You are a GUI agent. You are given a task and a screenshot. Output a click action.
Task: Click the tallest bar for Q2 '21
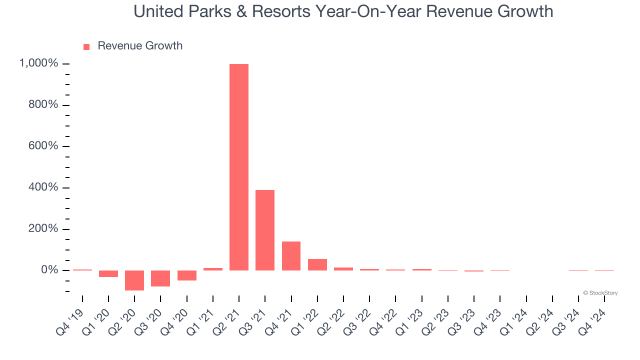coord(239,167)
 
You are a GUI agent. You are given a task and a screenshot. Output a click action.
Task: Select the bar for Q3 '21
coord(265,230)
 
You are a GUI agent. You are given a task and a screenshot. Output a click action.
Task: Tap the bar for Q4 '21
coord(291,256)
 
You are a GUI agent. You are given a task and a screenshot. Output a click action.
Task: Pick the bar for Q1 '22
coord(317,264)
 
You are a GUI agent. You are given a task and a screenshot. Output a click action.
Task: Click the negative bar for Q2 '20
coord(134,280)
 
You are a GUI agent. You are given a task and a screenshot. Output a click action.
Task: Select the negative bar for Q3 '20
coord(160,278)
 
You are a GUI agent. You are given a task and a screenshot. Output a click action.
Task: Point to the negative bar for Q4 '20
coord(186,275)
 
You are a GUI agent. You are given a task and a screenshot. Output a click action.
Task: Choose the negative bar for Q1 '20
coord(108,273)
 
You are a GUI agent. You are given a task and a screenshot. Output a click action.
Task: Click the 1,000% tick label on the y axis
coord(38,63)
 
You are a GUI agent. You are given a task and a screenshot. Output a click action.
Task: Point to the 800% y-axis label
coord(43,105)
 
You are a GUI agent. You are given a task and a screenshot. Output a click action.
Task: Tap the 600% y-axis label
coord(43,146)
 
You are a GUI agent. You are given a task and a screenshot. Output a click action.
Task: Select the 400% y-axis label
coord(43,187)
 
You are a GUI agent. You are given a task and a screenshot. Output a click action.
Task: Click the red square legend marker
coord(86,46)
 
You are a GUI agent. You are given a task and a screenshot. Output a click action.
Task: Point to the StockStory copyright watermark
coord(600,293)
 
